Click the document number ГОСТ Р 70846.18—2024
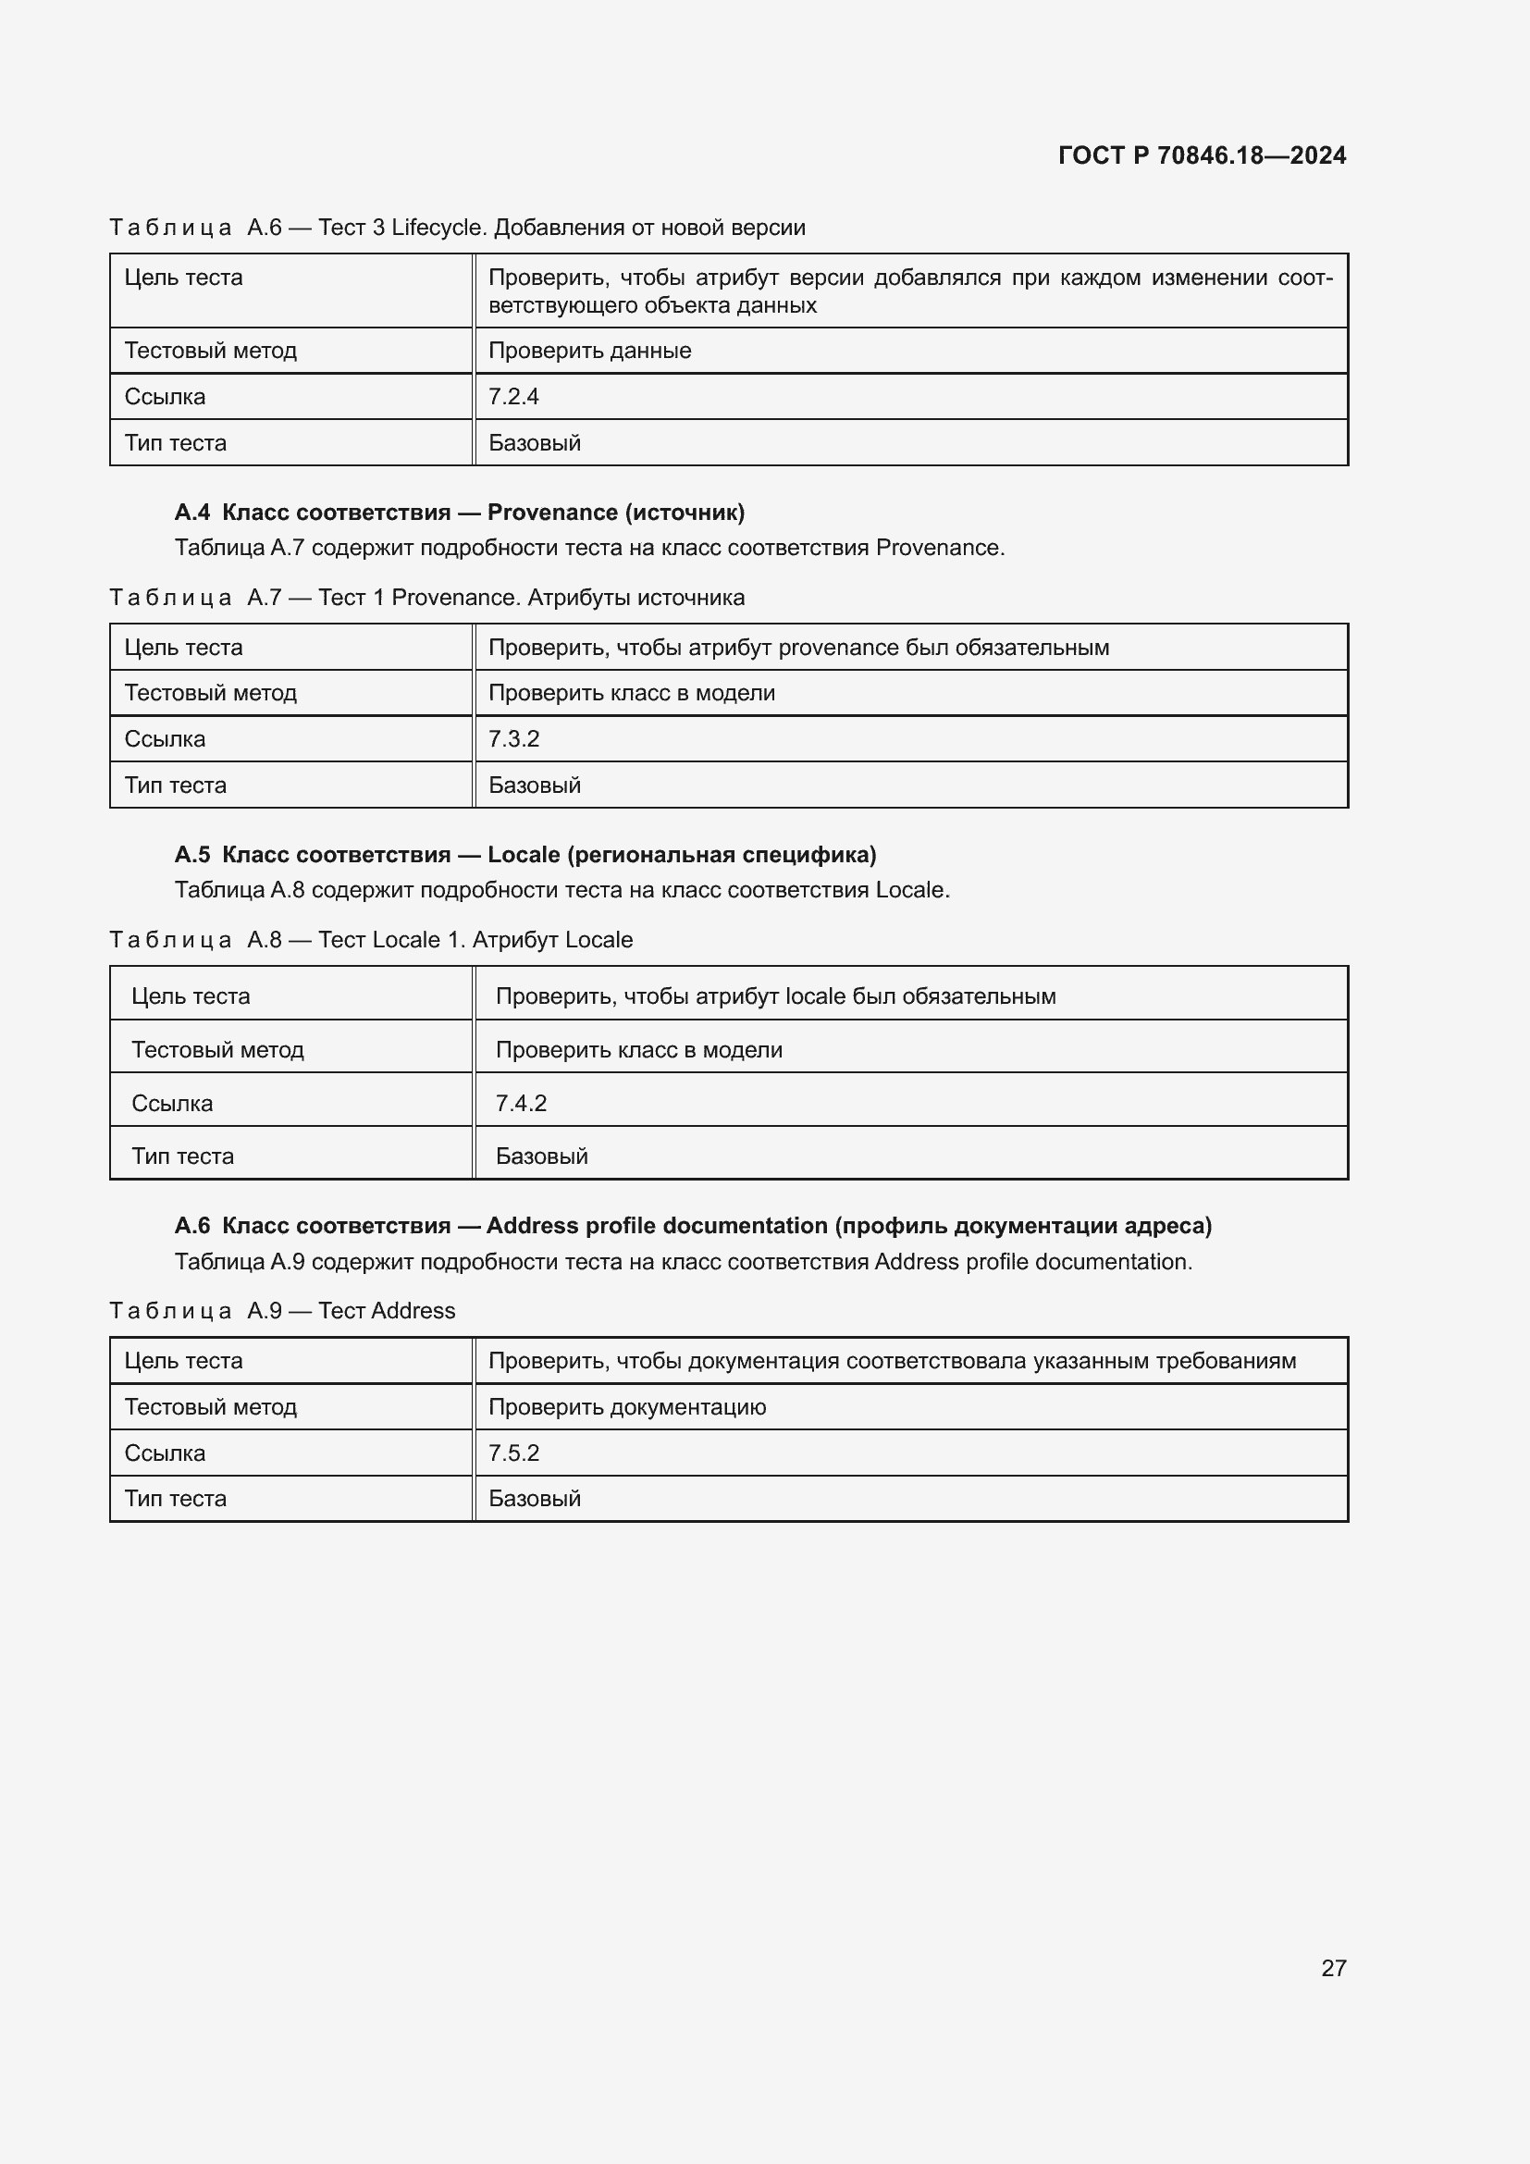(1202, 155)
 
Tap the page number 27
(1333, 1968)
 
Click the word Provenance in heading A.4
(552, 513)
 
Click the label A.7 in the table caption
(265, 598)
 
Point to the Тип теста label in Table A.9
(175, 1499)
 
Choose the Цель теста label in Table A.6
(184, 278)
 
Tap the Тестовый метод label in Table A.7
(210, 694)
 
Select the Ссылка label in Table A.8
(172, 1104)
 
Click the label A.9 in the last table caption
(265, 1311)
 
